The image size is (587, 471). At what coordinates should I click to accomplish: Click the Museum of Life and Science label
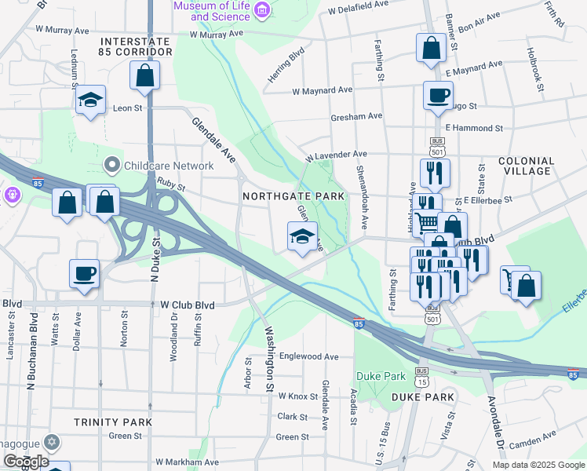(210, 11)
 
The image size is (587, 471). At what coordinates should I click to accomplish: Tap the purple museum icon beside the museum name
(262, 9)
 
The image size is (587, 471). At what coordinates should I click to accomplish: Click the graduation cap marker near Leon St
(90, 100)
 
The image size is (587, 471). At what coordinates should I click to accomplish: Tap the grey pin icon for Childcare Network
(111, 166)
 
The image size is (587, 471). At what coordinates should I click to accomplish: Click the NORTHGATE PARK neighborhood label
(293, 195)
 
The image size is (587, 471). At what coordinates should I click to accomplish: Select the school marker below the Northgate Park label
(301, 237)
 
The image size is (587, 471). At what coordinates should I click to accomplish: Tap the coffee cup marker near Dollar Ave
(84, 274)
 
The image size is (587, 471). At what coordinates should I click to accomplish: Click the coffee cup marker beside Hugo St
(438, 96)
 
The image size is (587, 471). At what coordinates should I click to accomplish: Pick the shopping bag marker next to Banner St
(431, 49)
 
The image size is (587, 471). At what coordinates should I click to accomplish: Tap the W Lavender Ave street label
(336, 155)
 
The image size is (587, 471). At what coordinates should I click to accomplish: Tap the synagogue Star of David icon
(52, 442)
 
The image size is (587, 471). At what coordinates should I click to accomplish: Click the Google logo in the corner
(27, 462)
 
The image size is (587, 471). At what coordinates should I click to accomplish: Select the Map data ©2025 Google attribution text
(538, 465)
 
